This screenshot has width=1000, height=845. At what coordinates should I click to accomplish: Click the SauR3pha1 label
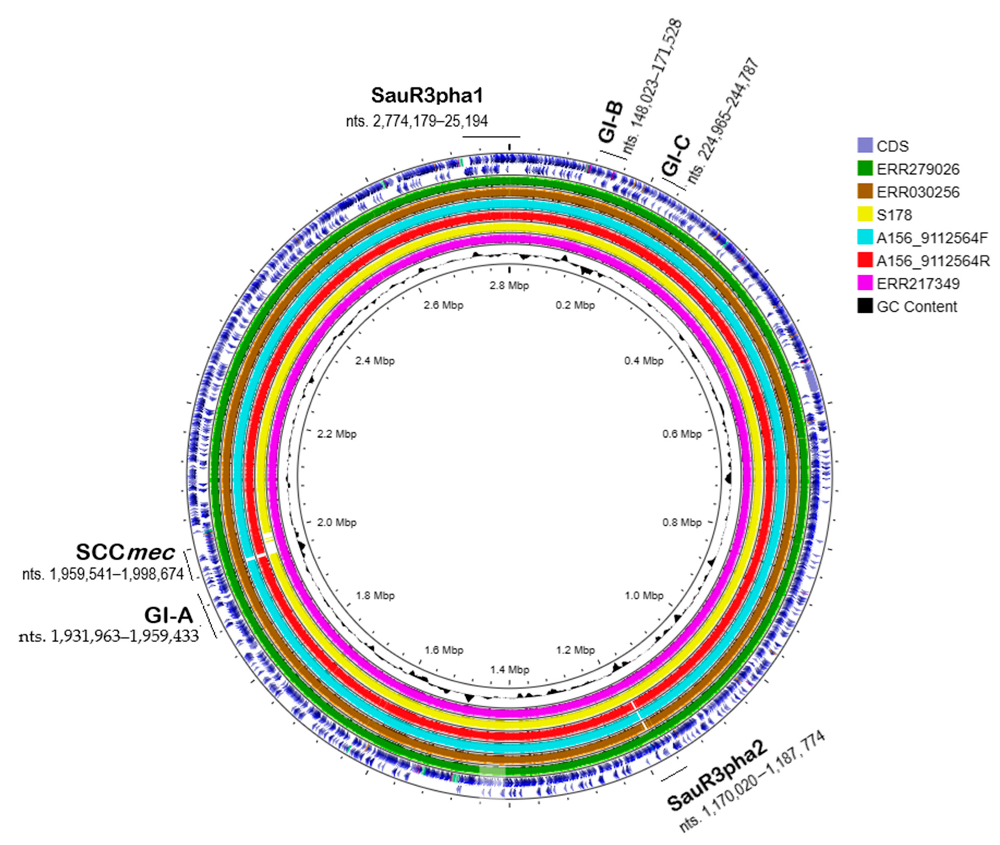coord(427,96)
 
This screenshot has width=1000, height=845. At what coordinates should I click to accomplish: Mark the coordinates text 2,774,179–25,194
coord(417,121)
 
